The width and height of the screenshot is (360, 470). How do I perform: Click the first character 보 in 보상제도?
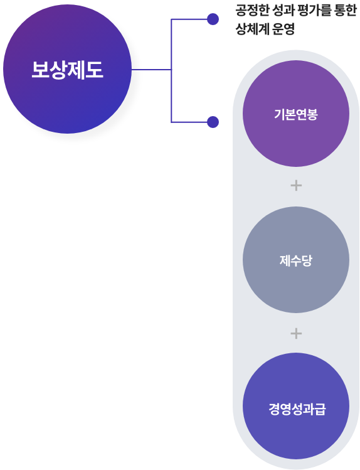click(41, 70)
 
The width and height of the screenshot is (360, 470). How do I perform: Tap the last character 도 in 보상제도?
click(95, 70)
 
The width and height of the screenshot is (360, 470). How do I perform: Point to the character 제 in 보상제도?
click(77, 70)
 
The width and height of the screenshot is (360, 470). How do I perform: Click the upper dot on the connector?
click(213, 19)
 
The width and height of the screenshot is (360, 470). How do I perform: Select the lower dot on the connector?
click(213, 122)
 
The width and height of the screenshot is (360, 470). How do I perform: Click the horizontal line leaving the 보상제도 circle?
click(152, 70)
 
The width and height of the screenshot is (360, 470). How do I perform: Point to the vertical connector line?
click(171, 71)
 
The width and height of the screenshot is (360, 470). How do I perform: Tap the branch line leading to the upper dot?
click(189, 19)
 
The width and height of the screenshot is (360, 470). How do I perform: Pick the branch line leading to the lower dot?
click(189, 122)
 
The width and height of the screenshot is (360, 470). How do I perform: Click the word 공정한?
click(253, 11)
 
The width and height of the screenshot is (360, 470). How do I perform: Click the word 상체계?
click(253, 29)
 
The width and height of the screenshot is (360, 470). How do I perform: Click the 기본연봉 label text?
click(296, 114)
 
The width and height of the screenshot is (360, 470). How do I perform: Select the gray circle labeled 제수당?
click(296, 260)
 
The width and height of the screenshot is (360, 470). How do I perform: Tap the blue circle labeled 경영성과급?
click(296, 406)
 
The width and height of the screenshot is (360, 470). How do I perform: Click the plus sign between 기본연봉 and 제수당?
click(296, 186)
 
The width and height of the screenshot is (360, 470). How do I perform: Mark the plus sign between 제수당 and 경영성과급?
click(296, 333)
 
